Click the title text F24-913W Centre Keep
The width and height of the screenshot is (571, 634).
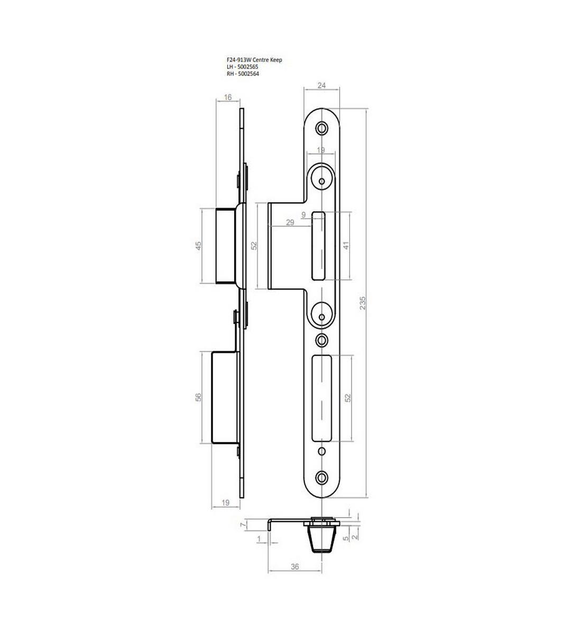(x=254, y=60)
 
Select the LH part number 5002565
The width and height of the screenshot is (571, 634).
(x=247, y=67)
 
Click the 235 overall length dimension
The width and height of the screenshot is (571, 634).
(x=363, y=303)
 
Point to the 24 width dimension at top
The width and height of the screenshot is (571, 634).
(x=321, y=86)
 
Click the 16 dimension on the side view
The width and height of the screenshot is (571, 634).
(x=228, y=97)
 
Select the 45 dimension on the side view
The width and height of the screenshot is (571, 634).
(x=198, y=246)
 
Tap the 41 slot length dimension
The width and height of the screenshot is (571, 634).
(x=346, y=246)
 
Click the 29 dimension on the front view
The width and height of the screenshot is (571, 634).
(x=290, y=222)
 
